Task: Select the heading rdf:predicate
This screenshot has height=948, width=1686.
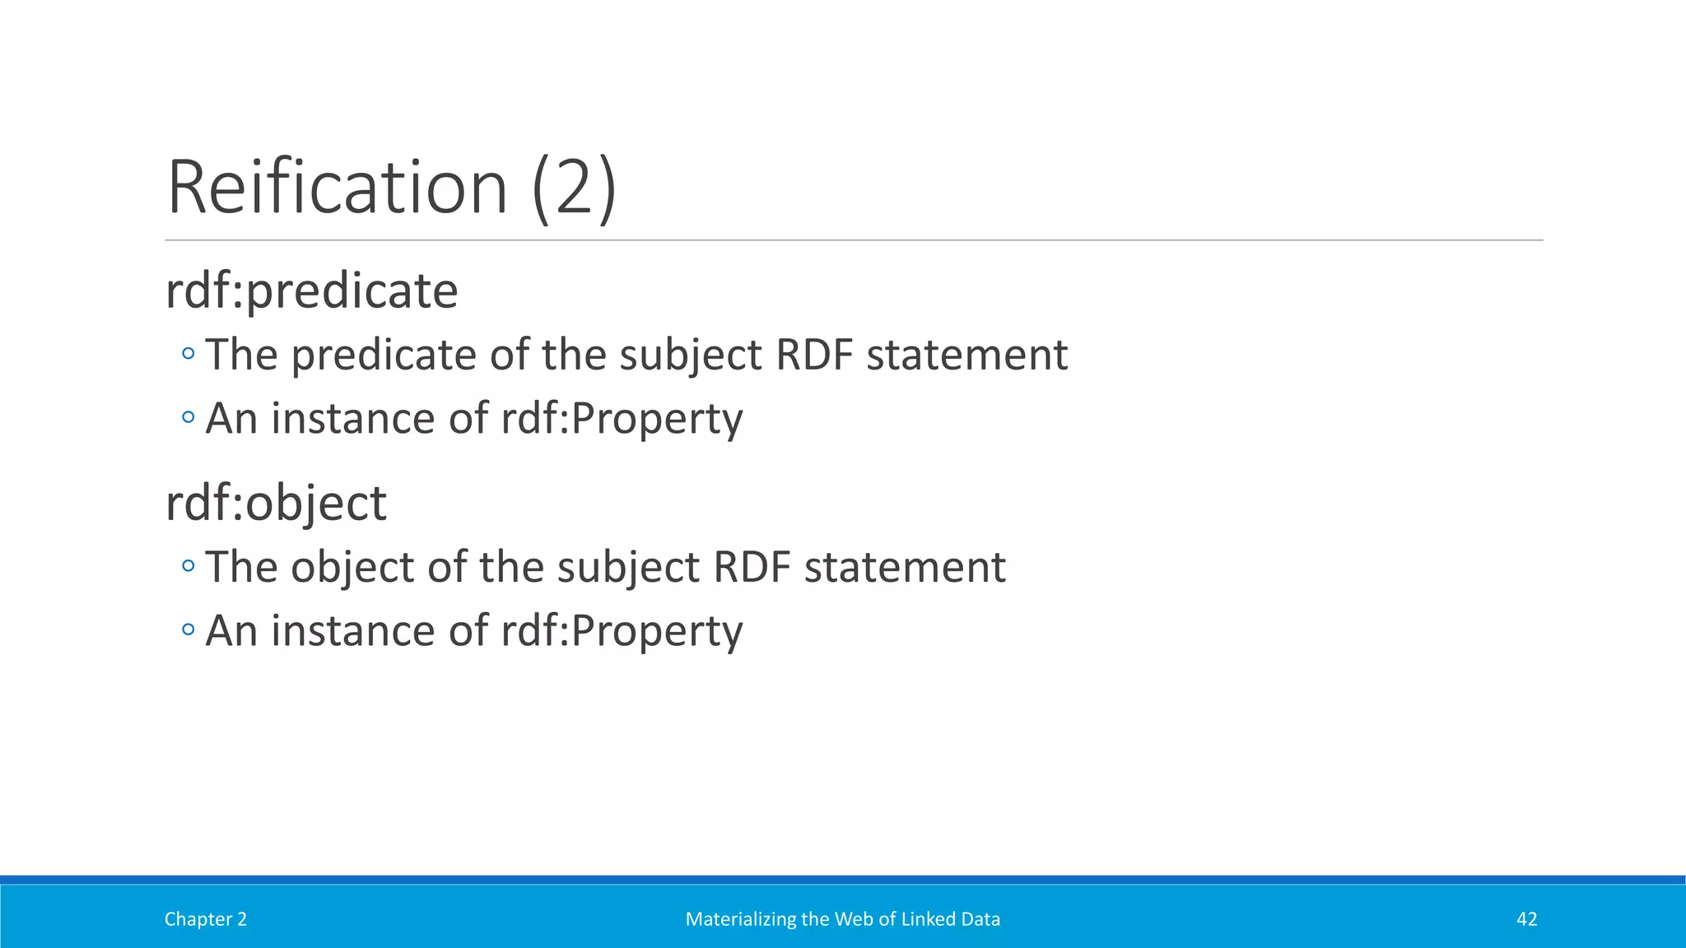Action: (311, 291)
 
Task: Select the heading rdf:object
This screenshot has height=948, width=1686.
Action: (276, 503)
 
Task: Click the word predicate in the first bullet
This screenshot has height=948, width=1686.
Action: (384, 355)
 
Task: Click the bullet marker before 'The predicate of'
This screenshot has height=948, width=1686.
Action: (189, 355)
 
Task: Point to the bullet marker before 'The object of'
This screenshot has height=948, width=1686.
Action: (189, 566)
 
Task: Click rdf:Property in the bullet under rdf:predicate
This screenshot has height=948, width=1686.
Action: (622, 419)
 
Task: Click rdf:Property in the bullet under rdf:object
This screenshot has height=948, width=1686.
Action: (622, 631)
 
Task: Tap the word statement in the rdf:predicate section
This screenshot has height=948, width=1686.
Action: (966, 355)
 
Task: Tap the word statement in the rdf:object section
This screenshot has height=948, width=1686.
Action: (904, 568)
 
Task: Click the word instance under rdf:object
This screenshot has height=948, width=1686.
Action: (353, 631)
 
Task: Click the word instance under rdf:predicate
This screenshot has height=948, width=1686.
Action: (353, 419)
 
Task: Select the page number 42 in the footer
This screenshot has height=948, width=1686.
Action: (1526, 919)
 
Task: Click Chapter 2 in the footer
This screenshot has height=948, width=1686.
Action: (205, 919)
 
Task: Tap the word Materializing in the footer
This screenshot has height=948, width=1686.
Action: (736, 919)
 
